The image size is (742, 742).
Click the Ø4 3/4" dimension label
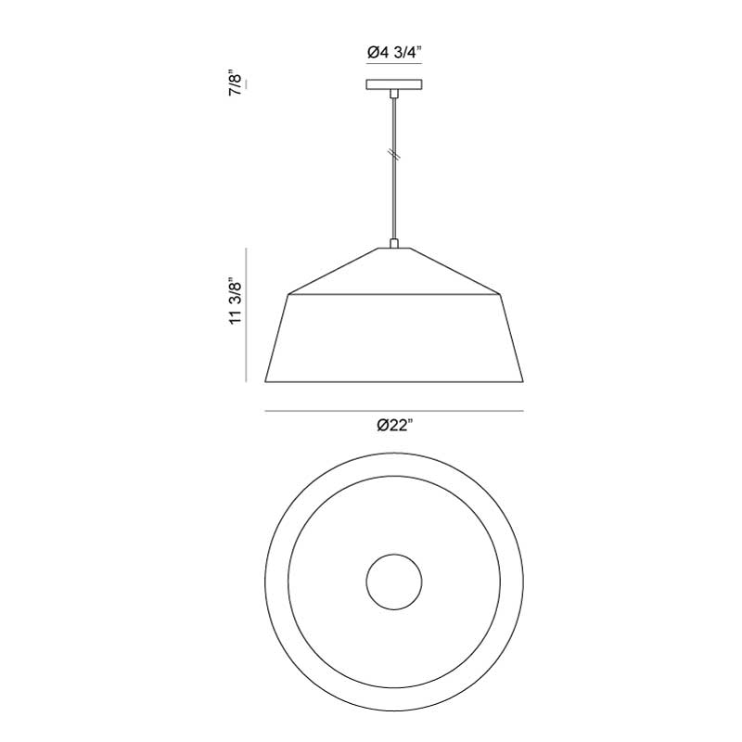394,53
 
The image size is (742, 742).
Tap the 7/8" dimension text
237,84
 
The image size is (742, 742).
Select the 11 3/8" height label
236,301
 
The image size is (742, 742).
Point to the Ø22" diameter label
395,426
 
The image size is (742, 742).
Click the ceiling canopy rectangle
394,84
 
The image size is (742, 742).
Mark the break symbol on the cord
394,154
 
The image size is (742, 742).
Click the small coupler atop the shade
393,243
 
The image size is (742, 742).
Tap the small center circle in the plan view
394,582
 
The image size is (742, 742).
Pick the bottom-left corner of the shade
265,381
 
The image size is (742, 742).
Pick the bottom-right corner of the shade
523,381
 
